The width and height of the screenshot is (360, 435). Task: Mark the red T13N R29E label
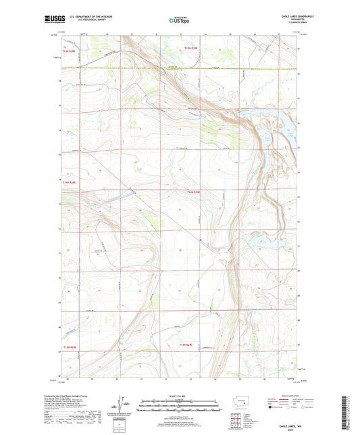[186, 347]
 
